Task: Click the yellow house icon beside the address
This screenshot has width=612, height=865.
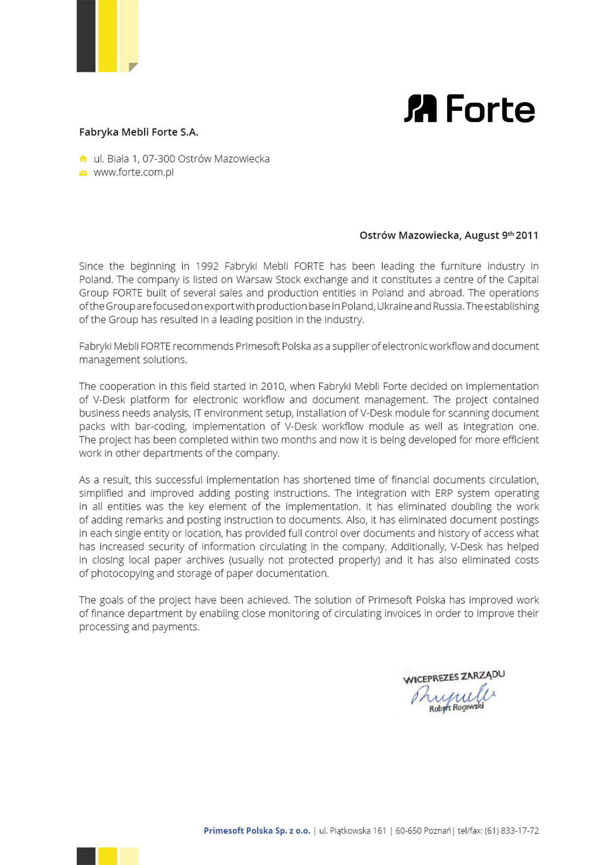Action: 83,159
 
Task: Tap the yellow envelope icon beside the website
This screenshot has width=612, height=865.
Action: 83,173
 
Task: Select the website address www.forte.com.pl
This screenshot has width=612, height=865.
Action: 134,173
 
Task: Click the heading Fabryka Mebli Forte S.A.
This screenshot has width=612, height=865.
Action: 139,132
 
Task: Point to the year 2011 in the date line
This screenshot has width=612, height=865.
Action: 527,236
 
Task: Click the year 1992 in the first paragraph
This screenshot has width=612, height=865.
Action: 207,266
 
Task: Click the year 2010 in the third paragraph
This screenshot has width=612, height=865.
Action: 273,386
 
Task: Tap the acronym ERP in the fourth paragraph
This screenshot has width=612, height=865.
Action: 443,493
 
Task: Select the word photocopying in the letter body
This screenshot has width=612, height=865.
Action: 122,574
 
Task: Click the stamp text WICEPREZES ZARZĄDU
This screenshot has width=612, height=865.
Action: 454,677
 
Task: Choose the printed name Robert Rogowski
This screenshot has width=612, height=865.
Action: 456,708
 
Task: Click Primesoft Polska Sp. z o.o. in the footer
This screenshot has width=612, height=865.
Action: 257,830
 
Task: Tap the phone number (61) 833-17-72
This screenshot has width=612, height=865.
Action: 511,830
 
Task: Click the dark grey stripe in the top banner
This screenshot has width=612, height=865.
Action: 86,36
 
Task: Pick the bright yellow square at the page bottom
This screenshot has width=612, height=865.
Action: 108,856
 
